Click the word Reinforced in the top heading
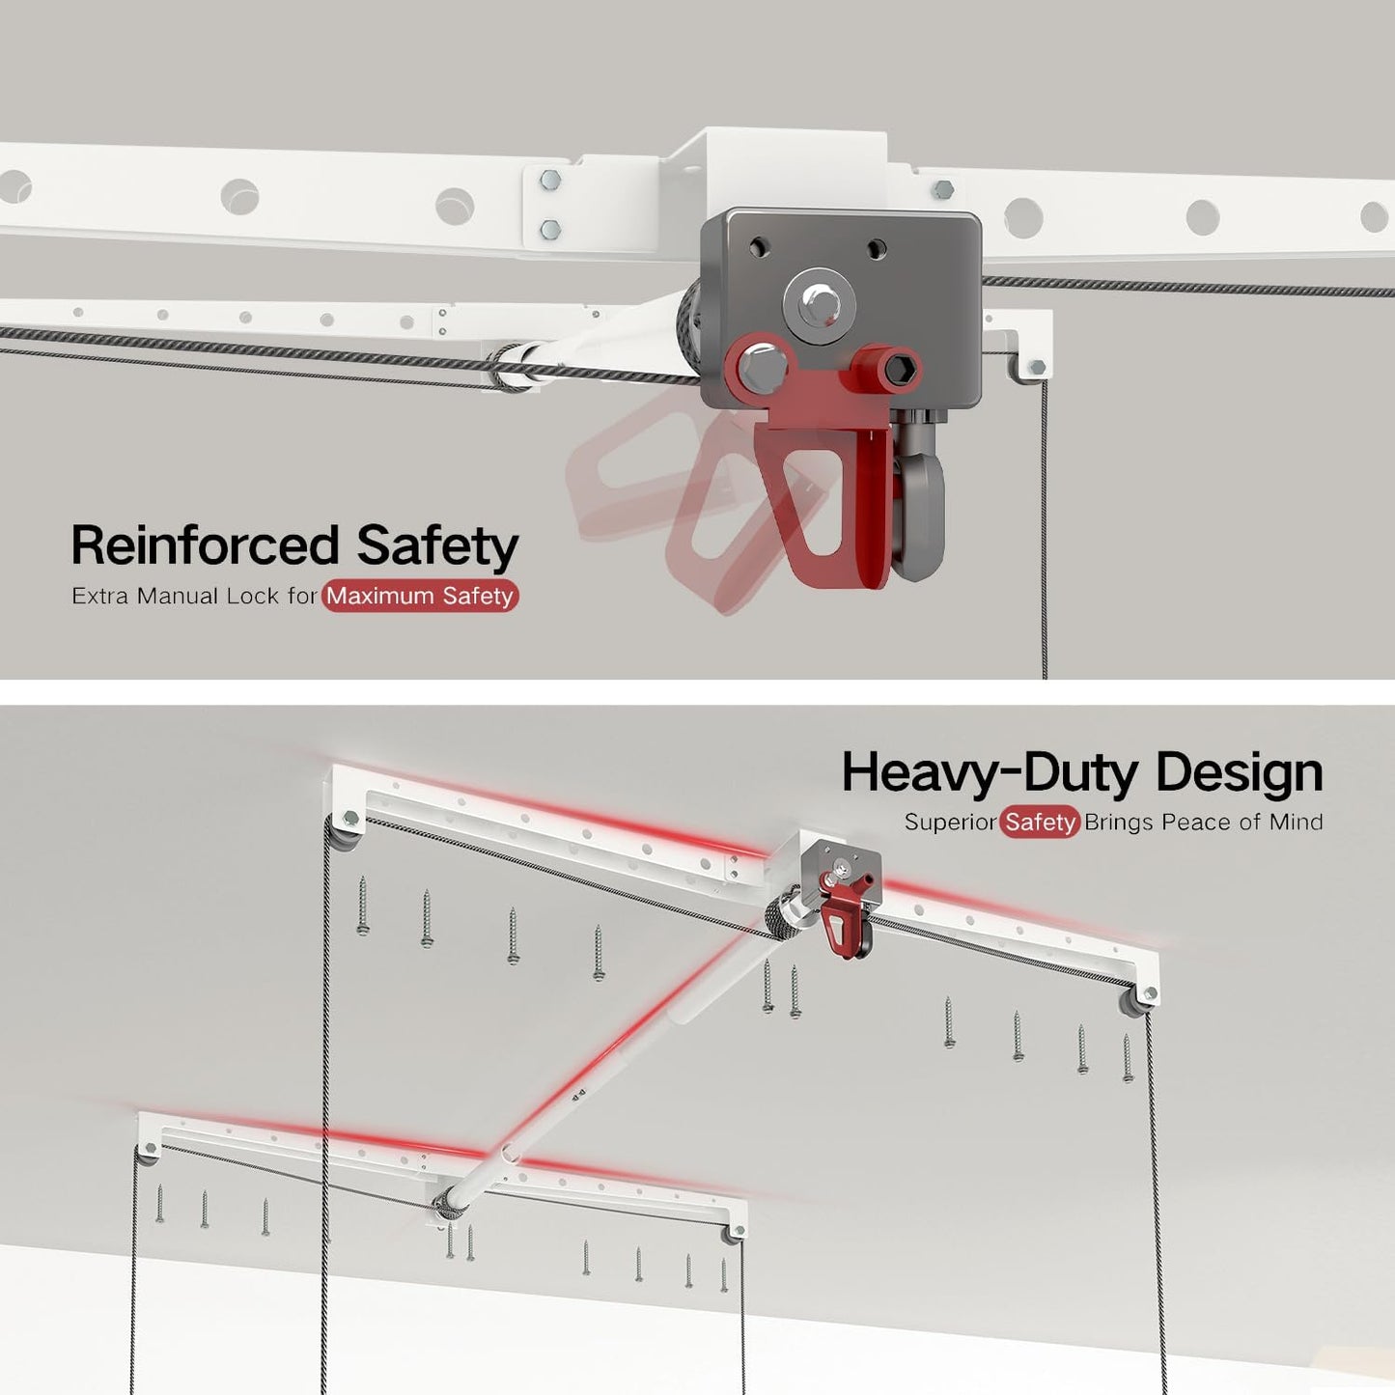coord(205,544)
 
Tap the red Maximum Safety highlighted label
coord(420,596)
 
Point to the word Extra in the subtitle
coord(99,596)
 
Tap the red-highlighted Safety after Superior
coord(1040,823)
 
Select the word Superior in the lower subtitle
coord(951,823)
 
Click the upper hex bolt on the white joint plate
coord(550,179)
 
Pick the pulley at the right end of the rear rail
coord(1135,1002)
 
